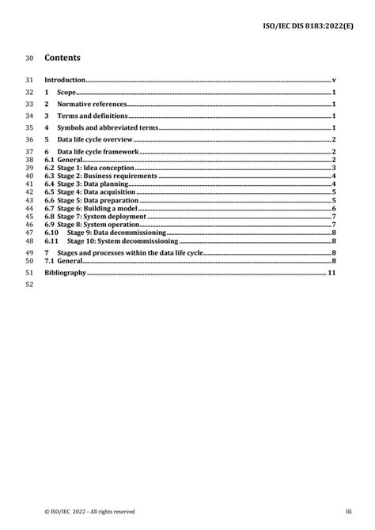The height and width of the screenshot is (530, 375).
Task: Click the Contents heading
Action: pos(63,58)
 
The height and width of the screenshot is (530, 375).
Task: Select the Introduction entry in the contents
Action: pos(64,81)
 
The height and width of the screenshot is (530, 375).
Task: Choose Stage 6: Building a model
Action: pos(93,208)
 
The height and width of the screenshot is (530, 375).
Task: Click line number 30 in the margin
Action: pos(30,58)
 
